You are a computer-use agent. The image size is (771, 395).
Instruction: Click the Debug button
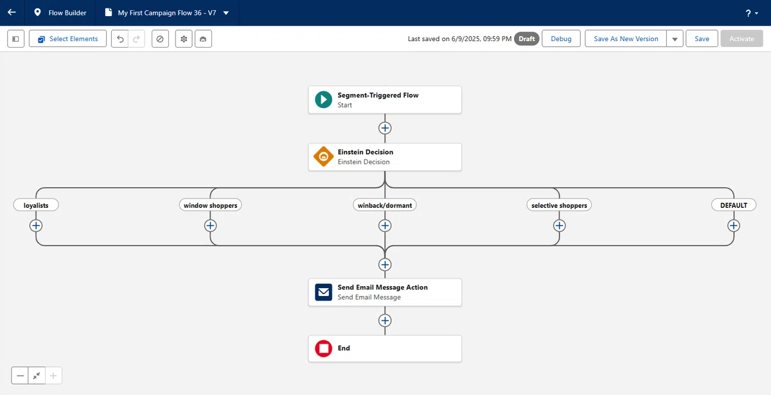tap(561, 39)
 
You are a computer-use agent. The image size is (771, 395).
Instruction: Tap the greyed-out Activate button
tap(741, 39)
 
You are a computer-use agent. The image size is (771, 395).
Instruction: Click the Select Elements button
tap(68, 39)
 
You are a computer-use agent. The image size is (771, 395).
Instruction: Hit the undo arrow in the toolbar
tap(120, 39)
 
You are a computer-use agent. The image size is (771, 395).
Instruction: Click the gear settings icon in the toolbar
tap(184, 39)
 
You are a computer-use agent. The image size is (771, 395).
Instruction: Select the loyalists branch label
tap(36, 205)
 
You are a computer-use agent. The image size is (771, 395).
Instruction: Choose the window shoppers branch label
tap(210, 205)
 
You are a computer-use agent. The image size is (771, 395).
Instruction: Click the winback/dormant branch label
tap(385, 205)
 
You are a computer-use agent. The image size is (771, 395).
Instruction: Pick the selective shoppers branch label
tap(560, 205)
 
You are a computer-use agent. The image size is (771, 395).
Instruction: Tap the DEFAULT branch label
tap(734, 205)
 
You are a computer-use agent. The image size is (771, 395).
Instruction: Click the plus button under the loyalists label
tap(36, 226)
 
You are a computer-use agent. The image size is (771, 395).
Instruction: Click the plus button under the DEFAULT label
tap(734, 226)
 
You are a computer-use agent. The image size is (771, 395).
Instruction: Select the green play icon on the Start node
tap(324, 100)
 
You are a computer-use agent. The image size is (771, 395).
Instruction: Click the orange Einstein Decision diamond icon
tap(324, 156)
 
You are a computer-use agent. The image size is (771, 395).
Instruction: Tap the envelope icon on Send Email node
tap(324, 292)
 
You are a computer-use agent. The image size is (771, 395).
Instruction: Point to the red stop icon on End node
tap(324, 348)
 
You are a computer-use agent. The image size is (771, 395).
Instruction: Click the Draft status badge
tap(527, 39)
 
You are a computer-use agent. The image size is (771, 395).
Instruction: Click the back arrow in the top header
tap(12, 12)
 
